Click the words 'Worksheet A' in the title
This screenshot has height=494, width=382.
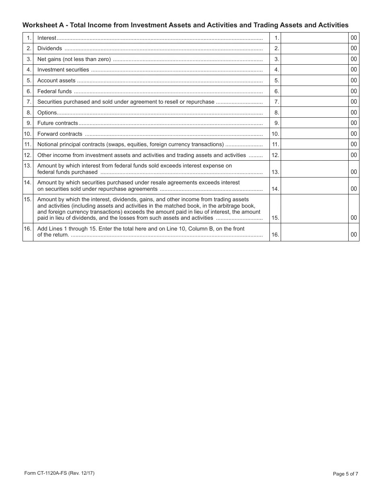point(42,25)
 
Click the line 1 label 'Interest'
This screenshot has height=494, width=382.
point(47,38)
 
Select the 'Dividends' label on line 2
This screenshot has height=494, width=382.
point(49,49)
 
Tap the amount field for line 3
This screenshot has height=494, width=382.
point(314,59)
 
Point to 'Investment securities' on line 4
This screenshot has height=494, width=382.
point(63,70)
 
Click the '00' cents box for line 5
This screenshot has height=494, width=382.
point(353,80)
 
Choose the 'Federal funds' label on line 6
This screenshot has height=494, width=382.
point(54,91)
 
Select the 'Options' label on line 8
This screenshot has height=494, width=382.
point(47,113)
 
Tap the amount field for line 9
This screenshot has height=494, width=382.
point(314,123)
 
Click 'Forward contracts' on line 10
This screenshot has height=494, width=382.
point(60,134)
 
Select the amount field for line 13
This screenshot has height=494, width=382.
point(314,169)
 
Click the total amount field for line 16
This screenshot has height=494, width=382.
point(314,232)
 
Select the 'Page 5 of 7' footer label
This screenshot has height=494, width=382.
point(345,474)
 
